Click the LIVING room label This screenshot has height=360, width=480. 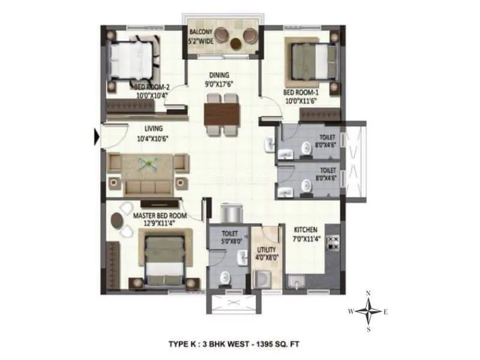154,128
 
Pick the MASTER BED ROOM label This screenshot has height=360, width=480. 160,215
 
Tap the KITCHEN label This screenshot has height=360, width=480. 305,229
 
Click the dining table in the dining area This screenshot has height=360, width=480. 221,113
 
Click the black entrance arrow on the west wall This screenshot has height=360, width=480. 96,137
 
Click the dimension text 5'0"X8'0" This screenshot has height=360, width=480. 230,241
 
